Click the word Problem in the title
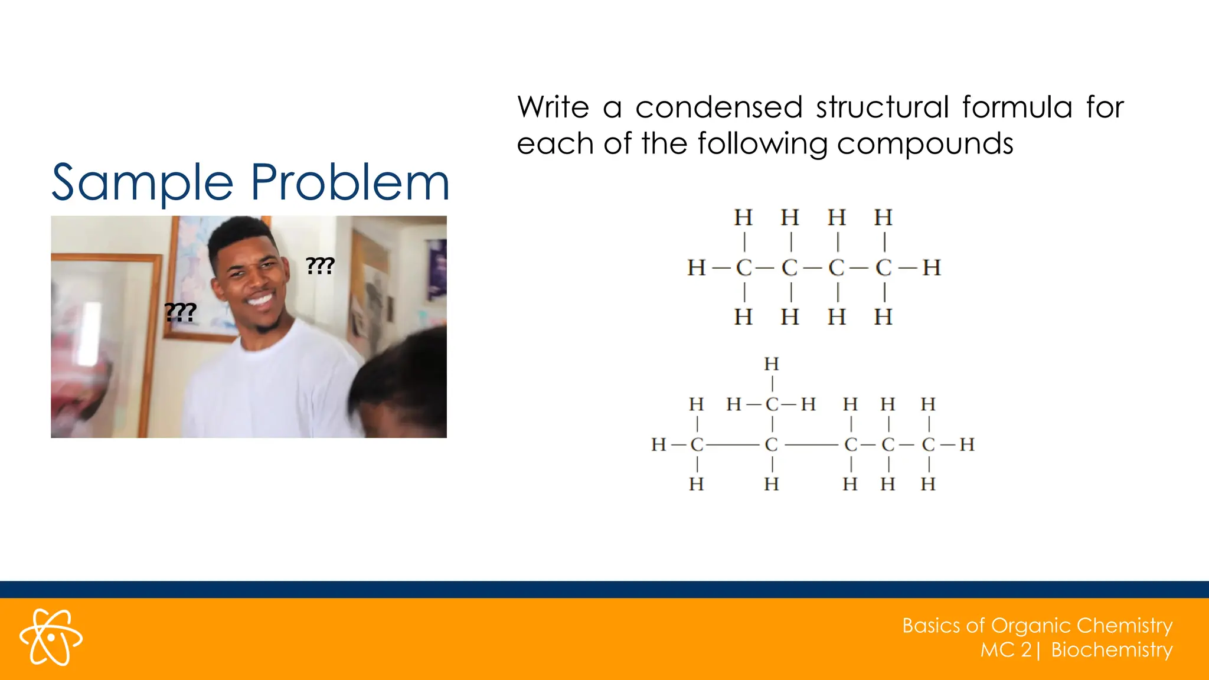349,182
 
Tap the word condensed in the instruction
718,108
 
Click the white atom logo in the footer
51,637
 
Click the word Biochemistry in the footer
1112,650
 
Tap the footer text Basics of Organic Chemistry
1037,625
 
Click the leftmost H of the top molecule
697,268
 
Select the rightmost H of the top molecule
932,268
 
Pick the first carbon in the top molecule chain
744,268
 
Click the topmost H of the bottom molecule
772,364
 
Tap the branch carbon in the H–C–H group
772,404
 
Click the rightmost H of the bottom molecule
967,444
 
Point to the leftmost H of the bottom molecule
659,444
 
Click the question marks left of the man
180,312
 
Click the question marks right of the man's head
321,266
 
